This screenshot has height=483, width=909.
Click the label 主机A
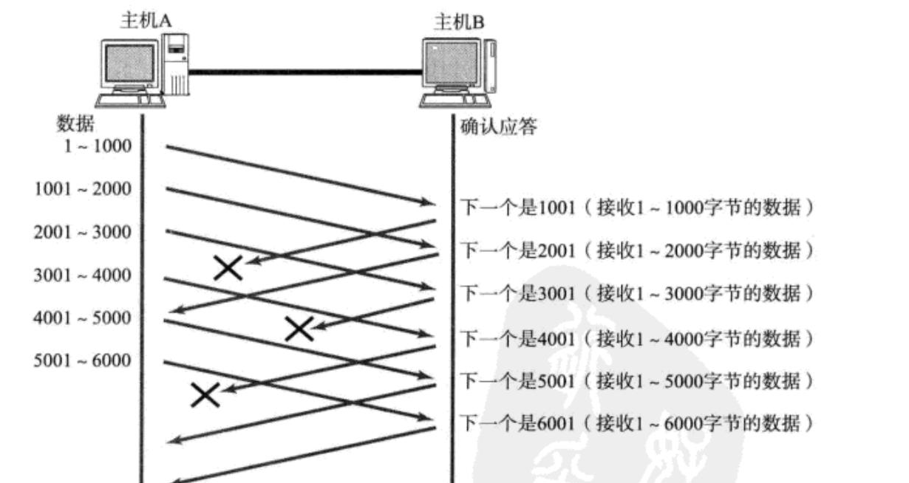click(146, 21)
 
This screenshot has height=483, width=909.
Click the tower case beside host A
click(176, 67)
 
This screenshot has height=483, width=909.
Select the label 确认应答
click(498, 127)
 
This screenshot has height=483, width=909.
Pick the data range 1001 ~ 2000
click(83, 189)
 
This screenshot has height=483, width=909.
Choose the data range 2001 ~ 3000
click(83, 232)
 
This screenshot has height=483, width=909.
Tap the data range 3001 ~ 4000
click(83, 275)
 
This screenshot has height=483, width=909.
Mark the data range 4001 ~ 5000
click(83, 318)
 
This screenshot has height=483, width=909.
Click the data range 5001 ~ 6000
click(83, 361)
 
